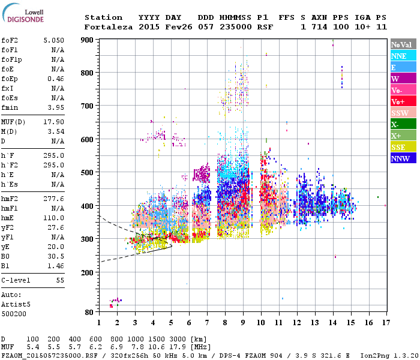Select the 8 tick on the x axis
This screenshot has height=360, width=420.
[225, 322]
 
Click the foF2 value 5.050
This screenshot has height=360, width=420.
[53, 40]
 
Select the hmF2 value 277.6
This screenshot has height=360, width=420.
[53, 197]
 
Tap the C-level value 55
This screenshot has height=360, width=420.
[60, 280]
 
